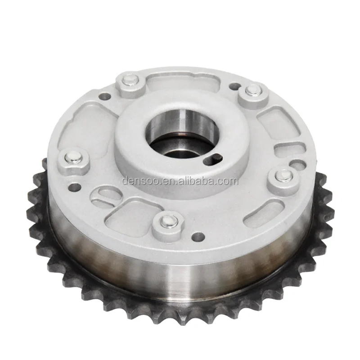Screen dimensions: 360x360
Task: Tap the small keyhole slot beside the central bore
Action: [216, 157]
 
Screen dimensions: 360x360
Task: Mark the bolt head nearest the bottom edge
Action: [167, 221]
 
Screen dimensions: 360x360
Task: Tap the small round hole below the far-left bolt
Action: [75, 185]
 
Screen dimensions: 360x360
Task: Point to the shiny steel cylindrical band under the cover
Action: [180, 270]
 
